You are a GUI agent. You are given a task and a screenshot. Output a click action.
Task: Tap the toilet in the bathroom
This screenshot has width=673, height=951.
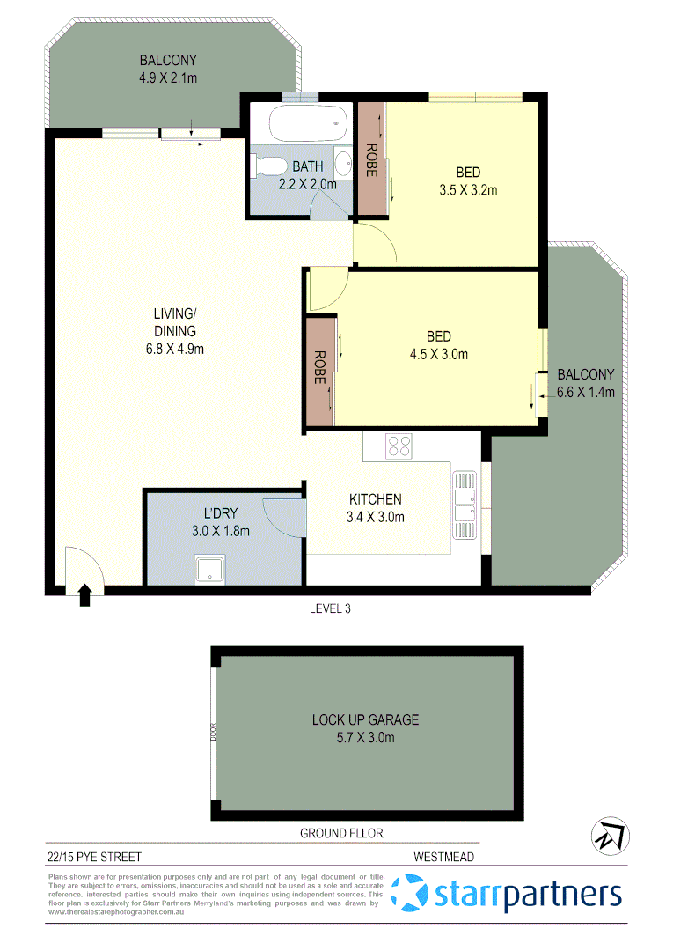tap(267, 166)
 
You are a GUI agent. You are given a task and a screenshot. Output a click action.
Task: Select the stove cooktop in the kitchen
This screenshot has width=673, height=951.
tap(399, 446)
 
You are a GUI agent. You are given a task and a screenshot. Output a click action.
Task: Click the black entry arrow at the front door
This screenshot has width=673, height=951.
tap(85, 596)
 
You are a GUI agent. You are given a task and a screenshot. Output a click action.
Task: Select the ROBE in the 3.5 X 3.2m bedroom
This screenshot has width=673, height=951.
tap(371, 159)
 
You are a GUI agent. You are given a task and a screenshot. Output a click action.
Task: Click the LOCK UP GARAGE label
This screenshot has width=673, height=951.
tap(365, 719)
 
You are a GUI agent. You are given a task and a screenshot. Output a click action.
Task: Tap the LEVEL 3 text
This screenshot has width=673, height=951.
tap(331, 608)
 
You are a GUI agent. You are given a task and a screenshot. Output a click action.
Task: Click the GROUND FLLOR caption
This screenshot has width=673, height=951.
tap(341, 833)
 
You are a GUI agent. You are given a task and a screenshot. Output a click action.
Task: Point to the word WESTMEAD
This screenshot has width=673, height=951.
tap(445, 856)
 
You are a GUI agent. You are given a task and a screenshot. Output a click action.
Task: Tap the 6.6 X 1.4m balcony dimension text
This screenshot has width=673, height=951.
tap(586, 392)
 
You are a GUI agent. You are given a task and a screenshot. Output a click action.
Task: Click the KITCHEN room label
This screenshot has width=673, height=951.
tap(375, 499)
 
